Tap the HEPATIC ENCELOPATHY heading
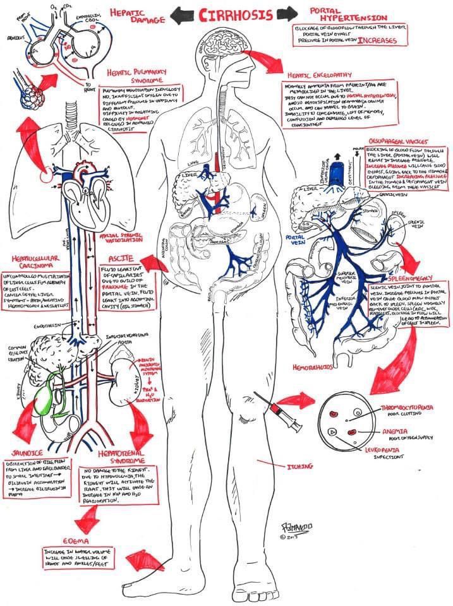pos(323,74)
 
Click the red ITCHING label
pos(299,466)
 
